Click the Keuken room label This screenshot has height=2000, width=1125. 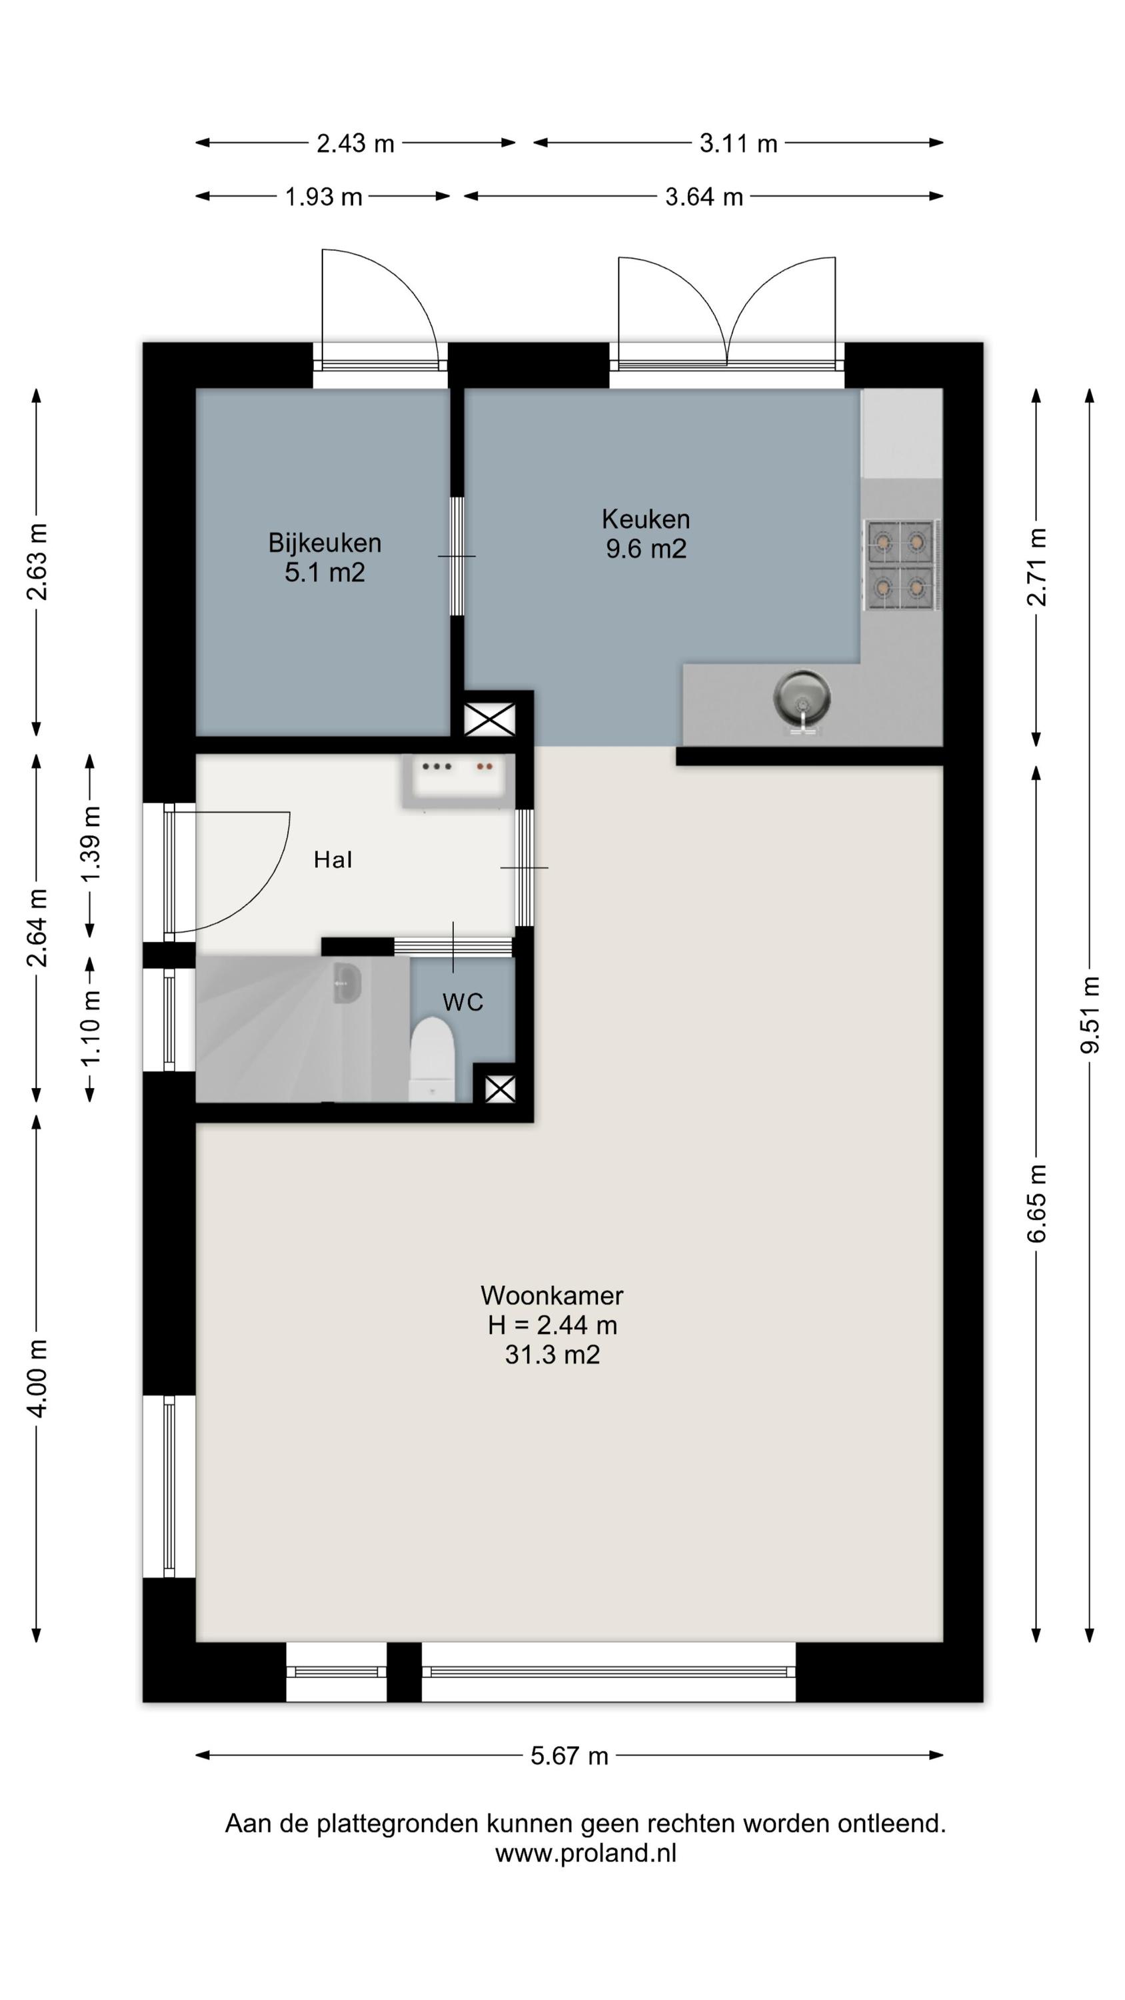coord(645,519)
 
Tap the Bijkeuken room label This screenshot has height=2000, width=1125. coord(325,543)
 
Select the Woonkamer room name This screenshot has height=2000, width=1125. coord(552,1295)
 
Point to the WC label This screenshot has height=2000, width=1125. coord(463,1002)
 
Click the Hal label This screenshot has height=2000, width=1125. coord(333,859)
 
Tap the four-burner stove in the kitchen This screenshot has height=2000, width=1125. coord(901,565)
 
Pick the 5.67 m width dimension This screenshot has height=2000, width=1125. coord(569,1756)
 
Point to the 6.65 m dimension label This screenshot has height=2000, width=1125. coord(1036,1203)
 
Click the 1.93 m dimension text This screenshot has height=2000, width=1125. coord(323,197)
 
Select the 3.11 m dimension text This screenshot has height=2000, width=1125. coord(738,143)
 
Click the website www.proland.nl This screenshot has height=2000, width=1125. coord(585,1853)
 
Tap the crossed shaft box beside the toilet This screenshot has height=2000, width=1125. coord(500,1089)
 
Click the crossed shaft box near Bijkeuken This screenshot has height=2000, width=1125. coord(490,720)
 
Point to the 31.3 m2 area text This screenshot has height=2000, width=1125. coord(552,1355)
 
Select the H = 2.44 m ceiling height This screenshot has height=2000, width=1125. coord(552,1325)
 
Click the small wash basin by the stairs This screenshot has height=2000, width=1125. coord(347,983)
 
